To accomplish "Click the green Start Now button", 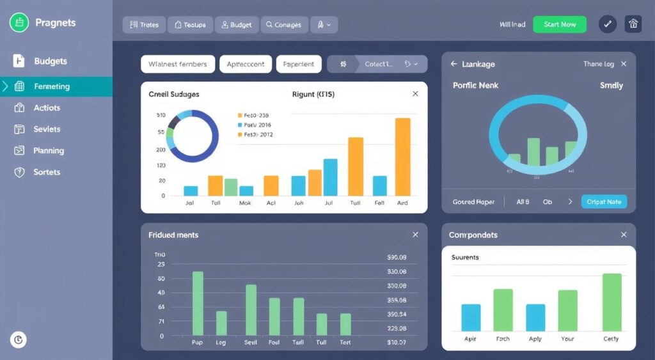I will (x=559, y=24).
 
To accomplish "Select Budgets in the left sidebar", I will (x=50, y=61).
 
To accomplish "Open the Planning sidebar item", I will (x=48, y=151).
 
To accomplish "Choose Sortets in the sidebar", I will (x=47, y=172).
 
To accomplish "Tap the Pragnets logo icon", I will (x=19, y=23).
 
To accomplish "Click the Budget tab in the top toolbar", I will (x=236, y=25).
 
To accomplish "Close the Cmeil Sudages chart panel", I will (x=415, y=94).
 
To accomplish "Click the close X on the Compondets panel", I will (x=624, y=235).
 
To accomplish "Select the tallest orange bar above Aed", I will (x=402, y=157).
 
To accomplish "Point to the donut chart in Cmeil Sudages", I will (x=193, y=136).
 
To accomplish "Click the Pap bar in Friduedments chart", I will (x=198, y=304).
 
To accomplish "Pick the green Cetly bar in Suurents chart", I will (x=612, y=302).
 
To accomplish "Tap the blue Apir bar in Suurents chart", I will (x=471, y=317).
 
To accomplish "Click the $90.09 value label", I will (x=397, y=258).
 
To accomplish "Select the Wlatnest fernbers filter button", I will (x=177, y=64).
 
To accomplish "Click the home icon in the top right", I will (x=633, y=24).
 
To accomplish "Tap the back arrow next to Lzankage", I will (x=454, y=64).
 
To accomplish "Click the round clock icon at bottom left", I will (x=18, y=340).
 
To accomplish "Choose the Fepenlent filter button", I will (x=299, y=64).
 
